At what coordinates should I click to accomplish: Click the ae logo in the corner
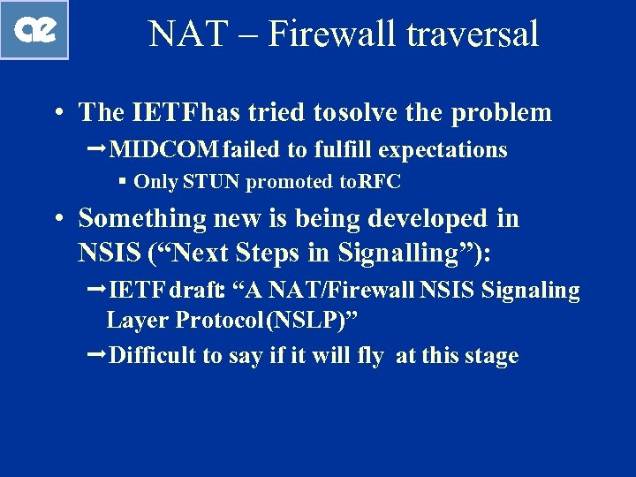point(34,30)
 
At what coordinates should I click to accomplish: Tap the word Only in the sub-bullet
point(156,183)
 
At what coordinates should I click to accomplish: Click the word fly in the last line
point(371,356)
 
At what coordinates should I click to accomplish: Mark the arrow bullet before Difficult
point(99,355)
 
